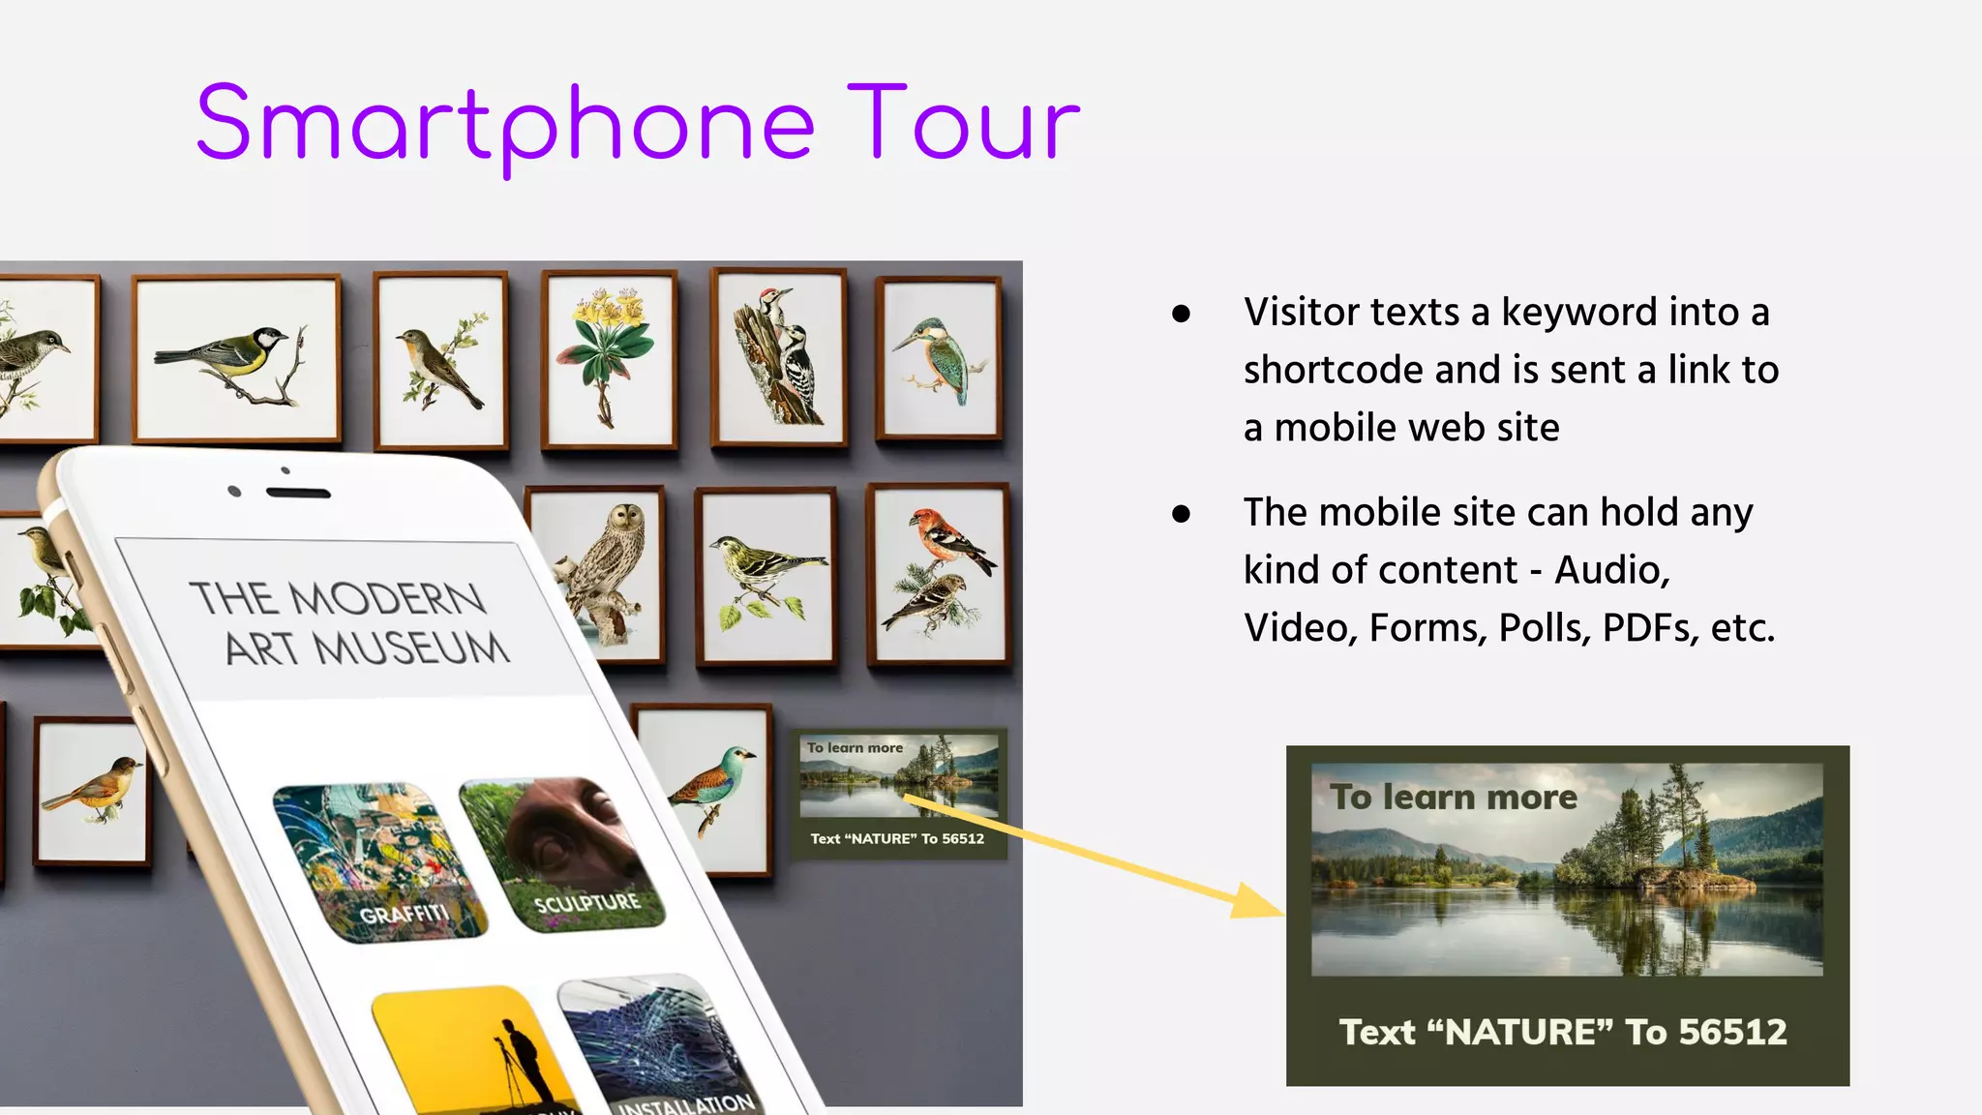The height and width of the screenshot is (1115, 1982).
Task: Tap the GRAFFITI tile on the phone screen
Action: click(x=380, y=861)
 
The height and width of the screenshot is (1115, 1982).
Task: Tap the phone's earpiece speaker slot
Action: click(x=298, y=494)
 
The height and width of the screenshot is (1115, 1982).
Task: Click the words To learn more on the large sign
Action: click(x=1453, y=798)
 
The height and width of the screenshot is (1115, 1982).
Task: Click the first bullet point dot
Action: click(x=1181, y=313)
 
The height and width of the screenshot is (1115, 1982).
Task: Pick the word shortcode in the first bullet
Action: click(x=1332, y=371)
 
